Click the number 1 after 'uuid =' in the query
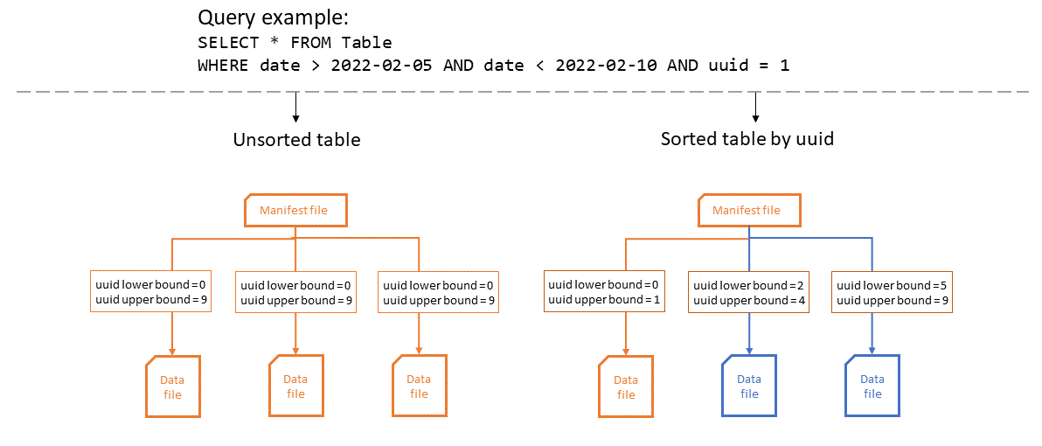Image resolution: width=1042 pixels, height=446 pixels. (784, 66)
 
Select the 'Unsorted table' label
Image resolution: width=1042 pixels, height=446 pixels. (296, 139)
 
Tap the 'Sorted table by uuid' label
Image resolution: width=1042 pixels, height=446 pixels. (747, 139)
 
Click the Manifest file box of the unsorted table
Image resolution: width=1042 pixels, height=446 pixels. (295, 211)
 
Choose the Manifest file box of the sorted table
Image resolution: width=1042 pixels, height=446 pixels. (749, 211)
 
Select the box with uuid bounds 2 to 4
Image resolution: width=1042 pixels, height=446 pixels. (748, 292)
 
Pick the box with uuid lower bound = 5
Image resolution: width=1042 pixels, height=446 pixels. (893, 292)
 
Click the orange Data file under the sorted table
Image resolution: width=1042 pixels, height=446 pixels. (626, 387)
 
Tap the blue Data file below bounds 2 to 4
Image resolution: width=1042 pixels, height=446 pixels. (749, 387)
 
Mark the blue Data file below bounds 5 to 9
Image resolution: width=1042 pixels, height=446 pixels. (872, 387)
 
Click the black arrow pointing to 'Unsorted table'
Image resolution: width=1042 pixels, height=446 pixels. (296, 107)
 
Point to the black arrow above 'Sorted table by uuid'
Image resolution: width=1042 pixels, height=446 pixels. (755, 107)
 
